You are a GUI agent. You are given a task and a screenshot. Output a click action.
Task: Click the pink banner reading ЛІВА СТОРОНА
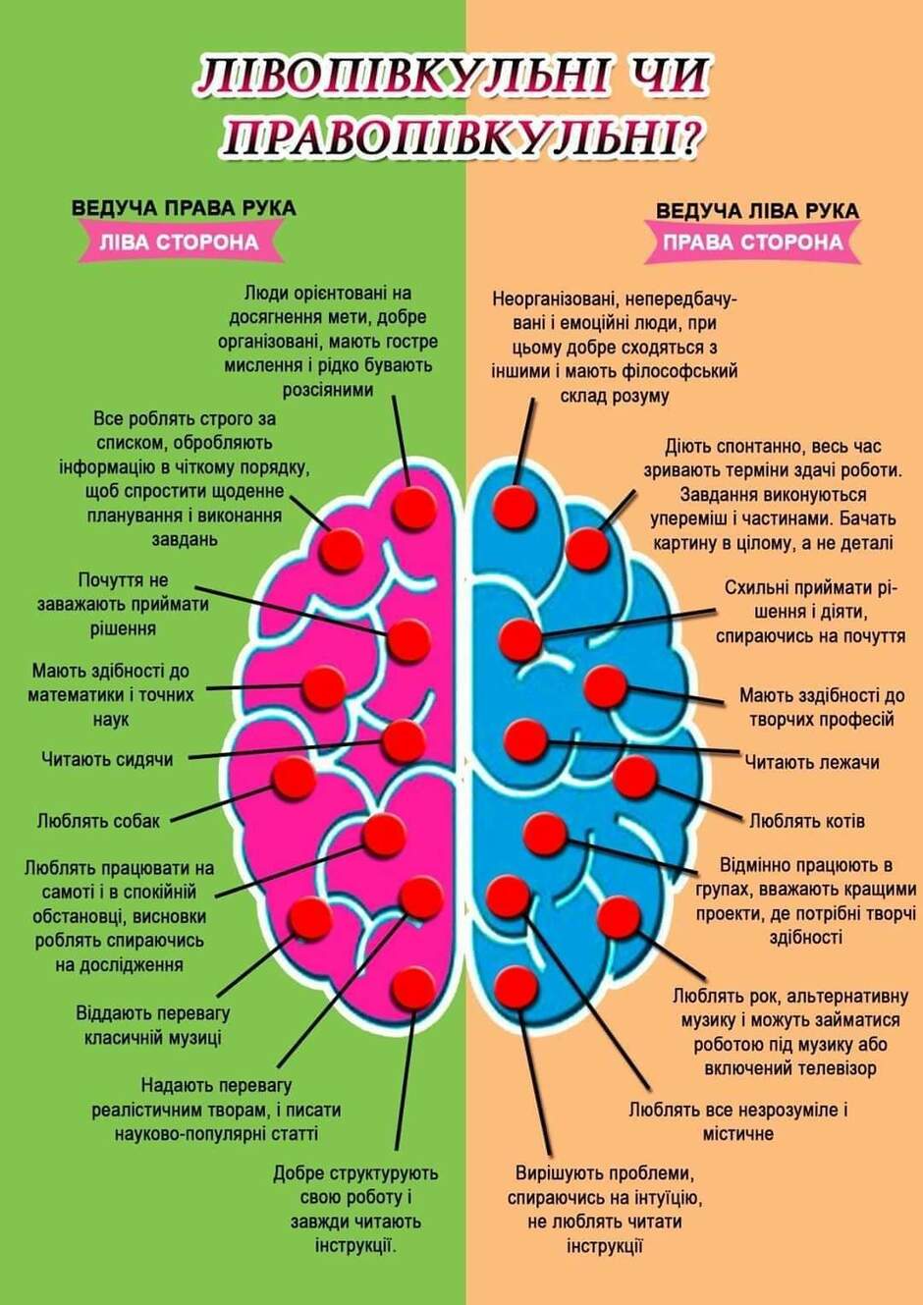(x=180, y=242)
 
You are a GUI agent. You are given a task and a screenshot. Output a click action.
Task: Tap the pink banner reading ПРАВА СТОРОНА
(x=753, y=243)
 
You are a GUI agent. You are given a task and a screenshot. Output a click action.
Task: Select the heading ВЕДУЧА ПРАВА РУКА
(x=184, y=208)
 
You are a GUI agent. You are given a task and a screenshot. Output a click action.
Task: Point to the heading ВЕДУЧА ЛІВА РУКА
(x=757, y=210)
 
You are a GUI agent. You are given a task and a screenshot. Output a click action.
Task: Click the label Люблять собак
(x=98, y=821)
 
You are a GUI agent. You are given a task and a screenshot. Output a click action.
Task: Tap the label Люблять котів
(x=807, y=821)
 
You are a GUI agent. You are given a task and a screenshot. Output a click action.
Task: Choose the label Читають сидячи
(x=107, y=759)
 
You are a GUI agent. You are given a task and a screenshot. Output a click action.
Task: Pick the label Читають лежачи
(x=812, y=762)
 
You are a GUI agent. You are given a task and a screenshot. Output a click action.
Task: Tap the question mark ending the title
(x=691, y=139)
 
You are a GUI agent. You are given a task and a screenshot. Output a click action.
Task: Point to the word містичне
(x=737, y=1134)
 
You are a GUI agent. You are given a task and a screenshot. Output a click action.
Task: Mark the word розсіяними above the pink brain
(x=328, y=390)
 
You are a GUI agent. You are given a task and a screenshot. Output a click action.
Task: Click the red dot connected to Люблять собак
(x=295, y=779)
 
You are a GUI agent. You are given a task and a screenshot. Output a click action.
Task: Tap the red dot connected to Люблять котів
(x=635, y=777)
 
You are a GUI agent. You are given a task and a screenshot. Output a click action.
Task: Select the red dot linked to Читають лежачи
(x=525, y=739)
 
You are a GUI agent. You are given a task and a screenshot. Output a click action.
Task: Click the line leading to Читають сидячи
(x=286, y=750)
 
